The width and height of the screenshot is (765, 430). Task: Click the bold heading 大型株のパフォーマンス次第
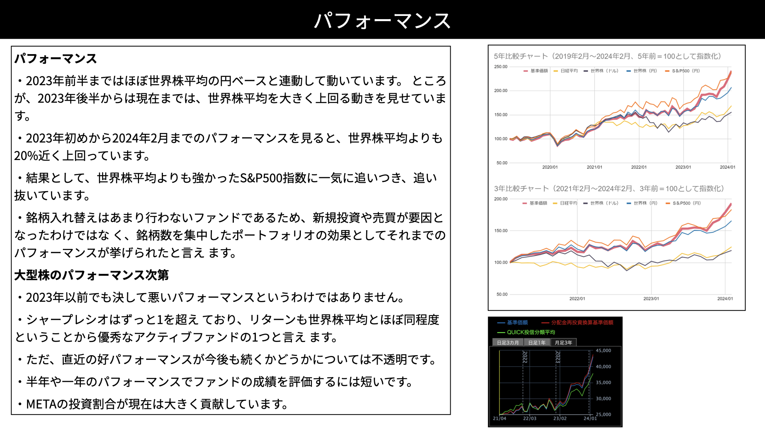click(92, 275)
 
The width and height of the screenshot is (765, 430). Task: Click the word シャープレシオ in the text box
click(67, 320)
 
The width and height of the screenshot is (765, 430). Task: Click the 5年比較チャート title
click(607, 56)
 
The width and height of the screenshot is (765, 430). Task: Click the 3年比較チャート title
click(609, 188)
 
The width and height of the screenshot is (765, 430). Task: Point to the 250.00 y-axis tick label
click(501, 66)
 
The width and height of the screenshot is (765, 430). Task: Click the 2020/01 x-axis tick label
click(550, 167)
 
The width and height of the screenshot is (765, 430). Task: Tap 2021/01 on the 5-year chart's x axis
click(594, 167)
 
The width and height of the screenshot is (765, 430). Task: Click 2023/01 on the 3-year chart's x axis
click(651, 299)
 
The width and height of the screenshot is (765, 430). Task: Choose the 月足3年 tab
click(563, 342)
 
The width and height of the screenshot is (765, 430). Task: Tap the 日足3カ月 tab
click(508, 342)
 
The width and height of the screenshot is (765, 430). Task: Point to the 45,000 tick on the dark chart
click(603, 350)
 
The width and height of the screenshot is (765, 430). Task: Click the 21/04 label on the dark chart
click(500, 418)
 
